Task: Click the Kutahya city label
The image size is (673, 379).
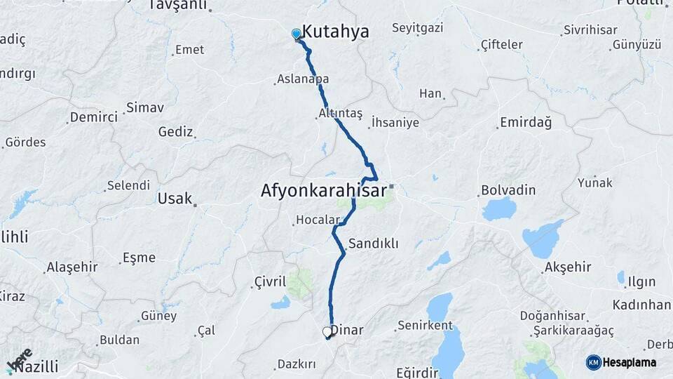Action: pyautogui.click(x=335, y=32)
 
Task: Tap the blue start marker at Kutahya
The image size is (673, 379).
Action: pyautogui.click(x=296, y=34)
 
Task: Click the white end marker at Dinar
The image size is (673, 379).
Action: pyautogui.click(x=327, y=332)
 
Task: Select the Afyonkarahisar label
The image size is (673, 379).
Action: pyautogui.click(x=323, y=190)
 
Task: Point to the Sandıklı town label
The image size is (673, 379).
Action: pyautogui.click(x=373, y=244)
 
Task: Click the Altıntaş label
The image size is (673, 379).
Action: pyautogui.click(x=340, y=113)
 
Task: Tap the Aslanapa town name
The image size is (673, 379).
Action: pyautogui.click(x=303, y=79)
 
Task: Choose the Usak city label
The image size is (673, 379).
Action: pyautogui.click(x=175, y=199)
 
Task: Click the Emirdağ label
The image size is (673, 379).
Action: pyautogui.click(x=525, y=123)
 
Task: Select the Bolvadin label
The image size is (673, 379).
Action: pyautogui.click(x=508, y=190)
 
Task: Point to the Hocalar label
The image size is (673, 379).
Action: pyautogui.click(x=317, y=220)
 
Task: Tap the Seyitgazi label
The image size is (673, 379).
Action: pyautogui.click(x=419, y=29)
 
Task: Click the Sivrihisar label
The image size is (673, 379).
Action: pyautogui.click(x=590, y=31)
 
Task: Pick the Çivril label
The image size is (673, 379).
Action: pyautogui.click(x=270, y=282)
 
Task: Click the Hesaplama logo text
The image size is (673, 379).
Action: pyautogui.click(x=629, y=362)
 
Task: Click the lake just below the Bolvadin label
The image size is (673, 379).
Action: pyautogui.click(x=498, y=208)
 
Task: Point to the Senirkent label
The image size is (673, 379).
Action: pyautogui.click(x=425, y=326)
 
